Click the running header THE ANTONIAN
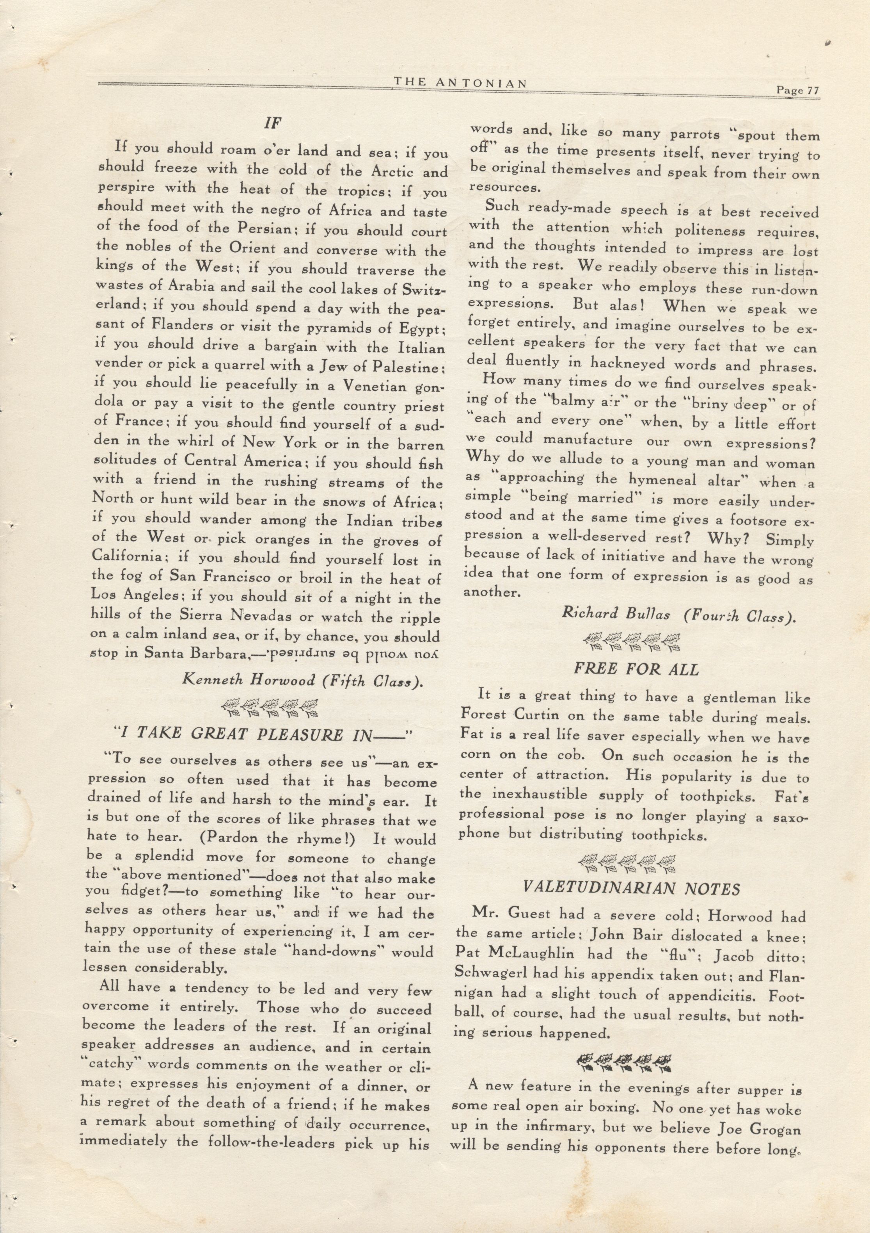pyautogui.click(x=460, y=83)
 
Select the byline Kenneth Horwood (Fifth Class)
pyautogui.click(x=304, y=681)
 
